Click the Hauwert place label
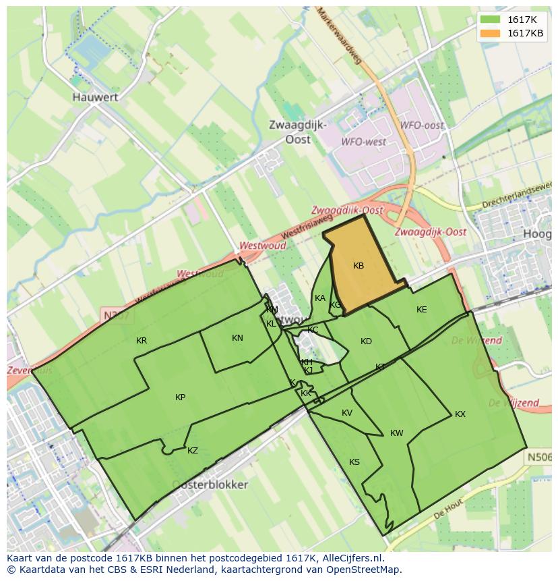pos(95,97)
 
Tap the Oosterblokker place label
pos(210,485)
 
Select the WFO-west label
pos(364,142)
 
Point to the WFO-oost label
pos(422,126)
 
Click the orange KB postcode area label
pos(359,266)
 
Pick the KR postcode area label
pos(142,341)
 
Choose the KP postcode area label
pos(180,397)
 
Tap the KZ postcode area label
pos(193,451)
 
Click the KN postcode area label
pos(237,338)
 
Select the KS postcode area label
pos(354,462)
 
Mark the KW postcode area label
pos(397,433)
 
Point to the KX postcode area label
pos(460,414)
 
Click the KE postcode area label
pos(422,310)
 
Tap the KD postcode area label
pos(366,341)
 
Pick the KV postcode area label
pos(347,413)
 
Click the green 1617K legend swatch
pos(491,20)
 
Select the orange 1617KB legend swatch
pos(491,33)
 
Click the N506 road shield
pos(538,458)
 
